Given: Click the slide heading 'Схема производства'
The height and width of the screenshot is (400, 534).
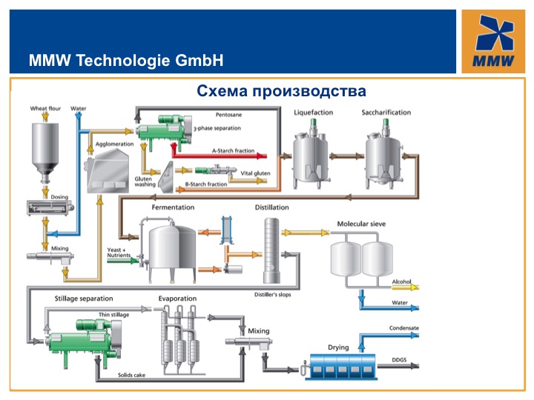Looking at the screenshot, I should (x=281, y=91).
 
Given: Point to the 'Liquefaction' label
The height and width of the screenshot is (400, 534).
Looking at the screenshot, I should (x=313, y=113).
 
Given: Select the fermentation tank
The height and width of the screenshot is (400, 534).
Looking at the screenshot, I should (x=172, y=253).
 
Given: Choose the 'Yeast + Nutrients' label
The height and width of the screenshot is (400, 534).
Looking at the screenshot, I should (x=119, y=253).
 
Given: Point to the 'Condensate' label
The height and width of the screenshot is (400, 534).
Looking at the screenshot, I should (x=405, y=327).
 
